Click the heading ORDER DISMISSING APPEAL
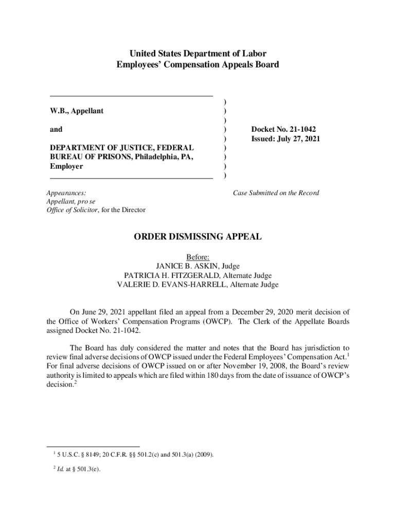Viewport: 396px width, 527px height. coord(198,237)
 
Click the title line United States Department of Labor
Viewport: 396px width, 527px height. coord(198,54)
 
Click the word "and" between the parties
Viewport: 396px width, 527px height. coord(56,130)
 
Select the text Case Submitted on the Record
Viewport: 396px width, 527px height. coord(276,193)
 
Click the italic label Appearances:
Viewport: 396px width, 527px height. coord(66,193)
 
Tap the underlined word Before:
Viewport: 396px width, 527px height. coord(198,257)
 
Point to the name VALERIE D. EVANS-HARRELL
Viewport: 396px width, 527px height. coord(171,285)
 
